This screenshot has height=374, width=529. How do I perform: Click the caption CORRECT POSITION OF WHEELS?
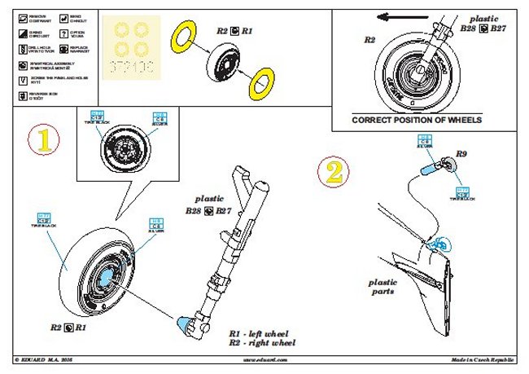click(x=417, y=119)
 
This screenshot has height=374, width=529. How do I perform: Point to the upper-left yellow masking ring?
click(x=181, y=37)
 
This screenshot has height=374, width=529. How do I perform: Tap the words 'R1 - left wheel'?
click(x=259, y=334)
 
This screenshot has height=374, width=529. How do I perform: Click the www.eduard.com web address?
click(x=264, y=359)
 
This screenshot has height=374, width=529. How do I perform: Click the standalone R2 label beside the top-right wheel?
click(x=369, y=39)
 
